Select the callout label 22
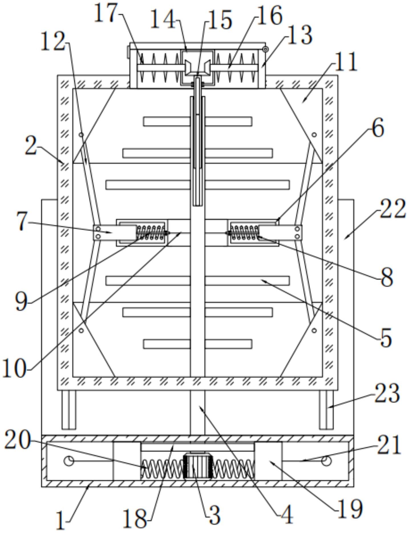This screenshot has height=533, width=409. [392, 209]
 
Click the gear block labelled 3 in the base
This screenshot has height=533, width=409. [198, 466]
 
